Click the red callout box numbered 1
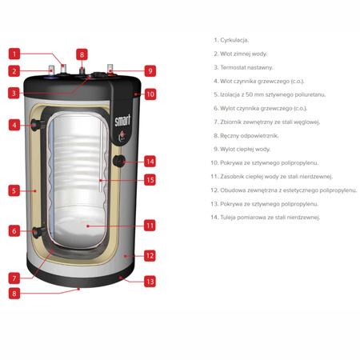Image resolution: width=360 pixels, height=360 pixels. coord(14,54)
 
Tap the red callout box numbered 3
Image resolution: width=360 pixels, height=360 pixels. coord(14,94)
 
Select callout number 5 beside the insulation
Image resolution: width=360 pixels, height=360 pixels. coord(14,190)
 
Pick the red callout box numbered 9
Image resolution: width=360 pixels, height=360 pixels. coord(150,71)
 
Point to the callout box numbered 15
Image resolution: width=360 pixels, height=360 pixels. coord(150,180)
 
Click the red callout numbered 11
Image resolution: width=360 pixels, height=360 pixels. coord(150,226)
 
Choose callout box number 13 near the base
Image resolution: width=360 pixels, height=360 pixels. coord(150,282)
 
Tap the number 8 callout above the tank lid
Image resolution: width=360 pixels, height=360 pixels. coord(82,54)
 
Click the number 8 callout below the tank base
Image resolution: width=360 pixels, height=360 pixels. coord(14,294)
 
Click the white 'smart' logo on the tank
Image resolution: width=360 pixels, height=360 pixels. coord(122,120)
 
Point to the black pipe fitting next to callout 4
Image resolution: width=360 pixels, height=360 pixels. coord(38,125)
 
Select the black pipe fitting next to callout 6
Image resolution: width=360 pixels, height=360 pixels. coord(38,231)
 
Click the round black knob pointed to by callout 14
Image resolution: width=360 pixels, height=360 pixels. coord(119,161)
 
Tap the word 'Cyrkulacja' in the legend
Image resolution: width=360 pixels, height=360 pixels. coord(234,40)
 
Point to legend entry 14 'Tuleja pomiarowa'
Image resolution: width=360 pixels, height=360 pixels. coord(266,218)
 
